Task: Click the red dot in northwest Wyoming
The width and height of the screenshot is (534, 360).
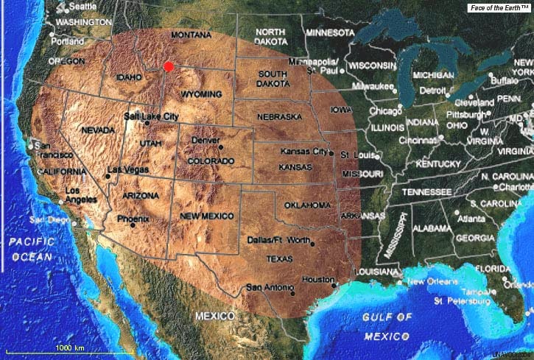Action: pyautogui.click(x=169, y=66)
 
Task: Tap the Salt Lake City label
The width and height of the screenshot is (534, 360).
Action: pyautogui.click(x=151, y=116)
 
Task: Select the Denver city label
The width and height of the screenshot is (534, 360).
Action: pyautogui.click(x=205, y=140)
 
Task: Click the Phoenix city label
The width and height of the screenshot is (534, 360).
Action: pyautogui.click(x=134, y=219)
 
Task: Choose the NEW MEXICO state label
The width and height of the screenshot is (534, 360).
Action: pyautogui.click(x=207, y=215)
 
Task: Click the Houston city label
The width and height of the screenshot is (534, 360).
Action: pyautogui.click(x=318, y=279)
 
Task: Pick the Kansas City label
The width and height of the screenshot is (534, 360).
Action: pyautogui.click(x=303, y=151)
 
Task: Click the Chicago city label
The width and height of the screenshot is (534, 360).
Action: pyautogui.click(x=385, y=111)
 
